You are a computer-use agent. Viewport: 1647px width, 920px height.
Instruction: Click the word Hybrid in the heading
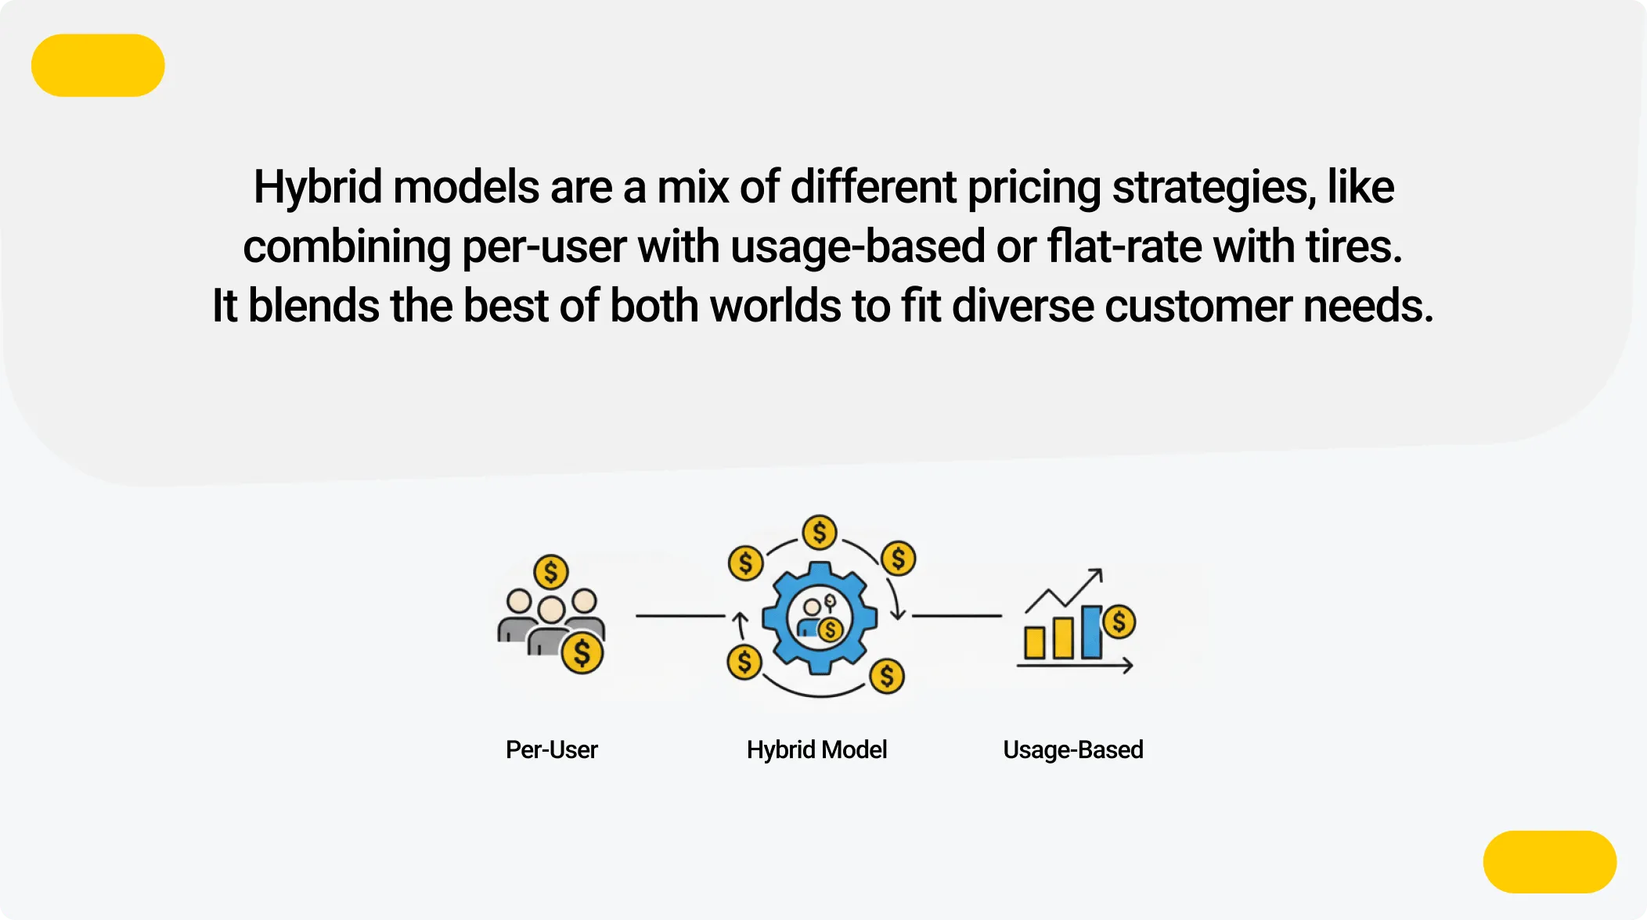click(318, 188)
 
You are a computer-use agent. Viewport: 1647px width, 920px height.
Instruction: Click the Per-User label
click(551, 749)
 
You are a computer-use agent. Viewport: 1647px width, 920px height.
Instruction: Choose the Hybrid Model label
click(816, 749)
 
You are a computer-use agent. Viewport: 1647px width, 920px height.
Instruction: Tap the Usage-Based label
click(1072, 749)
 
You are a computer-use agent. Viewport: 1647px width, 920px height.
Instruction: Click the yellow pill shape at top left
click(98, 65)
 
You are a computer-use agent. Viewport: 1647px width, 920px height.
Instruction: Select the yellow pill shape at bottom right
click(1549, 861)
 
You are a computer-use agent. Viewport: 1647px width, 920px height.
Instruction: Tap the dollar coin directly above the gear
click(820, 533)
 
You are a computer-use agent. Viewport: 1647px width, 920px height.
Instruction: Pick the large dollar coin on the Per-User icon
click(582, 653)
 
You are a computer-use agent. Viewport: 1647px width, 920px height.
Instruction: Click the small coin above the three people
click(550, 572)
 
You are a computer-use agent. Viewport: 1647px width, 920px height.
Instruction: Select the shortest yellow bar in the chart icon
click(1035, 642)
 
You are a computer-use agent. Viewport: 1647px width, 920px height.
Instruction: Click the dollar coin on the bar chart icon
click(1119, 622)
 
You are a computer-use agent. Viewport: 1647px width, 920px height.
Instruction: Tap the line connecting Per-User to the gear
click(679, 616)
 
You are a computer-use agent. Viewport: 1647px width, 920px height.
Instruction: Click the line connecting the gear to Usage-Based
click(957, 616)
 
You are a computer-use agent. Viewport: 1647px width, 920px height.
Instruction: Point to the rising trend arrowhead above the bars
click(1097, 573)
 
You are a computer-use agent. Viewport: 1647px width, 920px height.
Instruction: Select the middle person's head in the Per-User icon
click(551, 609)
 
